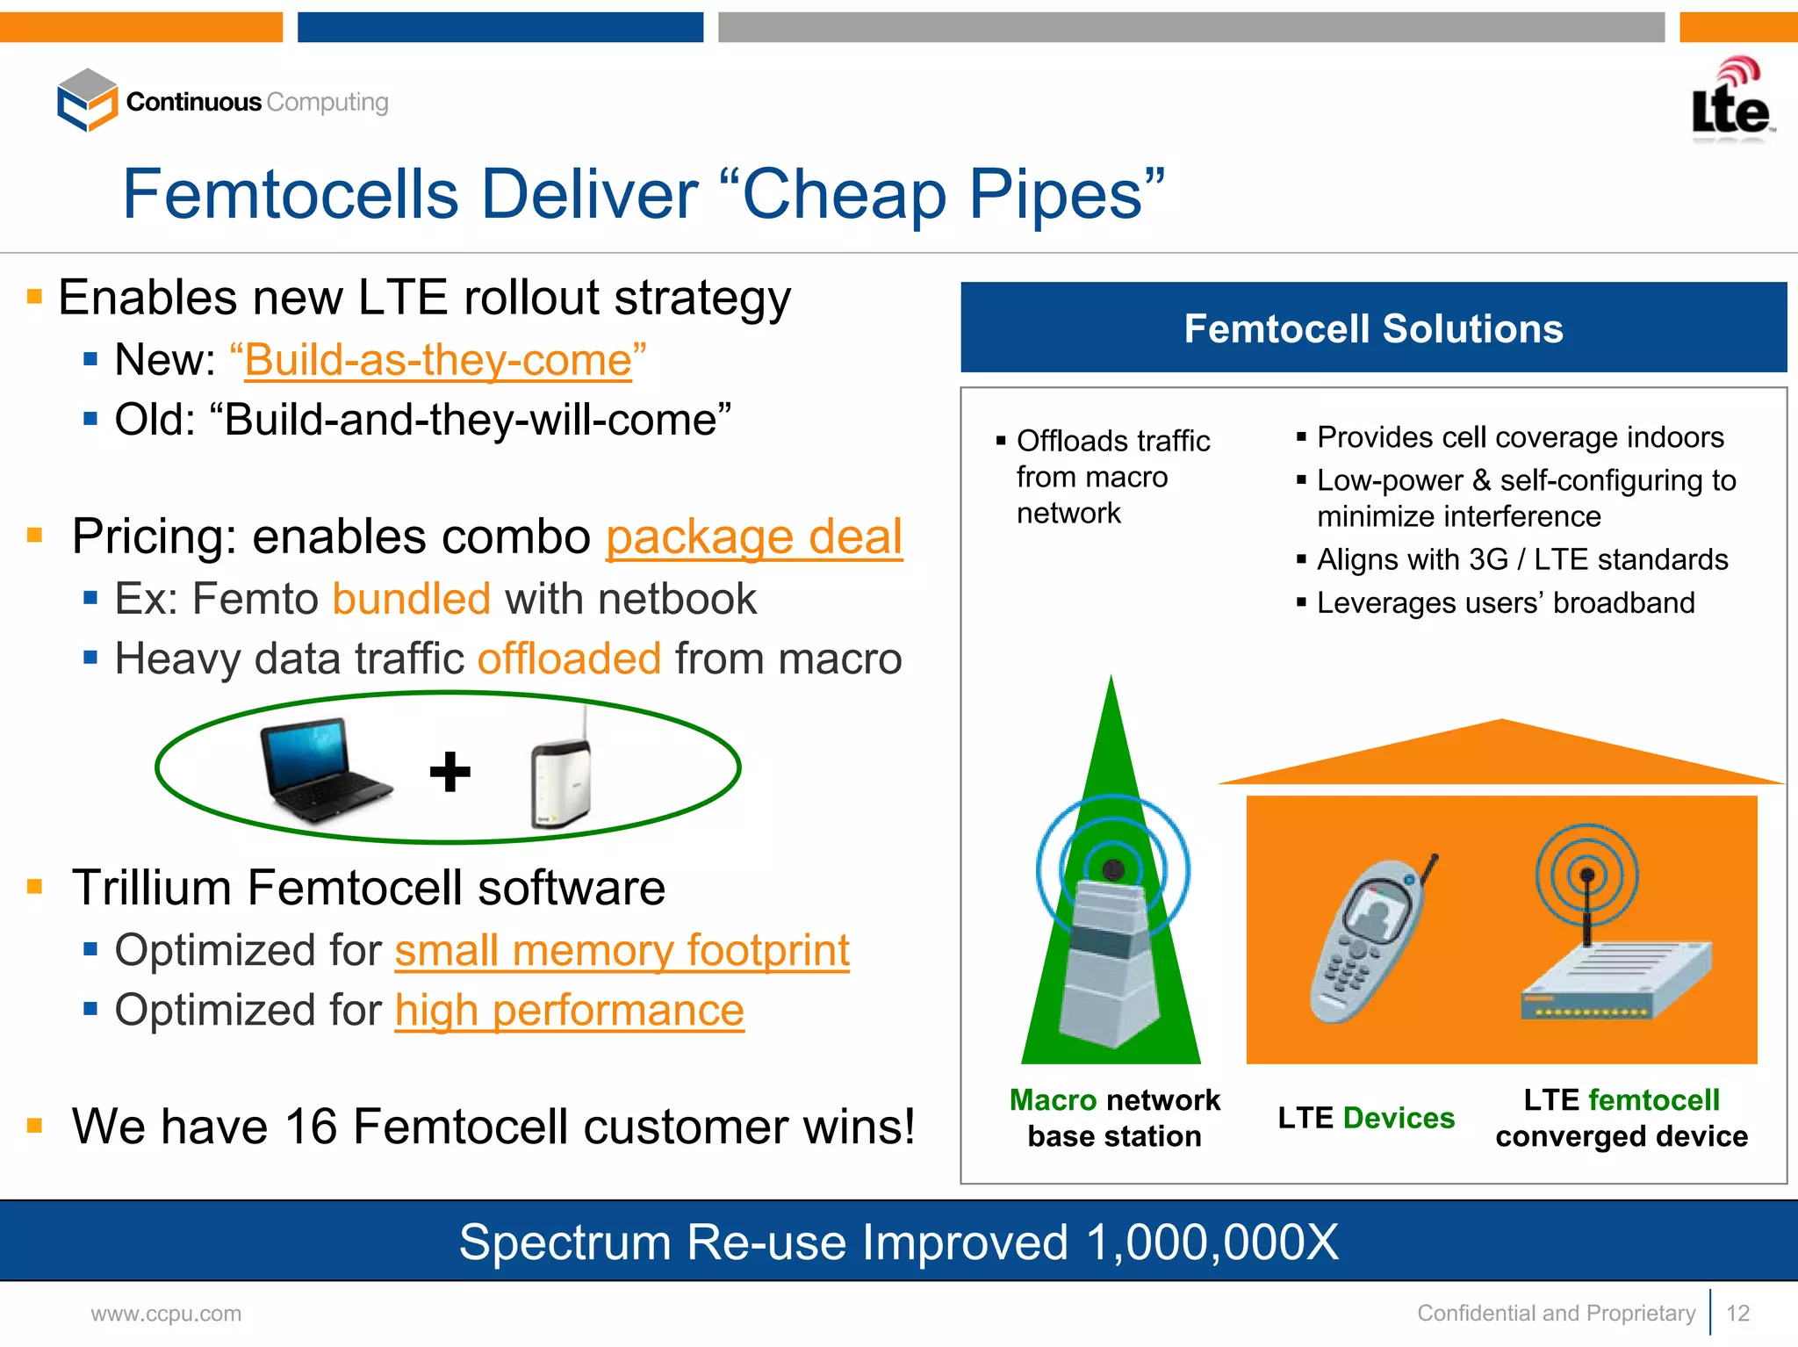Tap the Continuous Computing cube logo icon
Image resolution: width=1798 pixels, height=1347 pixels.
(87, 100)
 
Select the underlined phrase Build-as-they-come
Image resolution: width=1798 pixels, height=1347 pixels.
(438, 360)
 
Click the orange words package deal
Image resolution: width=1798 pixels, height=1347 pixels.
(754, 537)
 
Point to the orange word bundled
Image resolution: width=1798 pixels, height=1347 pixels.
(411, 599)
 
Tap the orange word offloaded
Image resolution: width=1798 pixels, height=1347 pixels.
(569, 659)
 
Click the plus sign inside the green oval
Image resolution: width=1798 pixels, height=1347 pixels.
(449, 771)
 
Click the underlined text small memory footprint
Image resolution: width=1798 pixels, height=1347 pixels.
(622, 950)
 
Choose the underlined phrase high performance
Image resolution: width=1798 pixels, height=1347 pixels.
(569, 1011)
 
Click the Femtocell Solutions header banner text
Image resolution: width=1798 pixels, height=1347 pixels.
(1373, 328)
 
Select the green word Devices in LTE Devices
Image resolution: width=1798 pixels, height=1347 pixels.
(1399, 1118)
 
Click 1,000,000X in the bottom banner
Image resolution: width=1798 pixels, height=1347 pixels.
(1212, 1243)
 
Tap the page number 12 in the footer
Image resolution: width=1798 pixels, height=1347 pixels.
(1737, 1314)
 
